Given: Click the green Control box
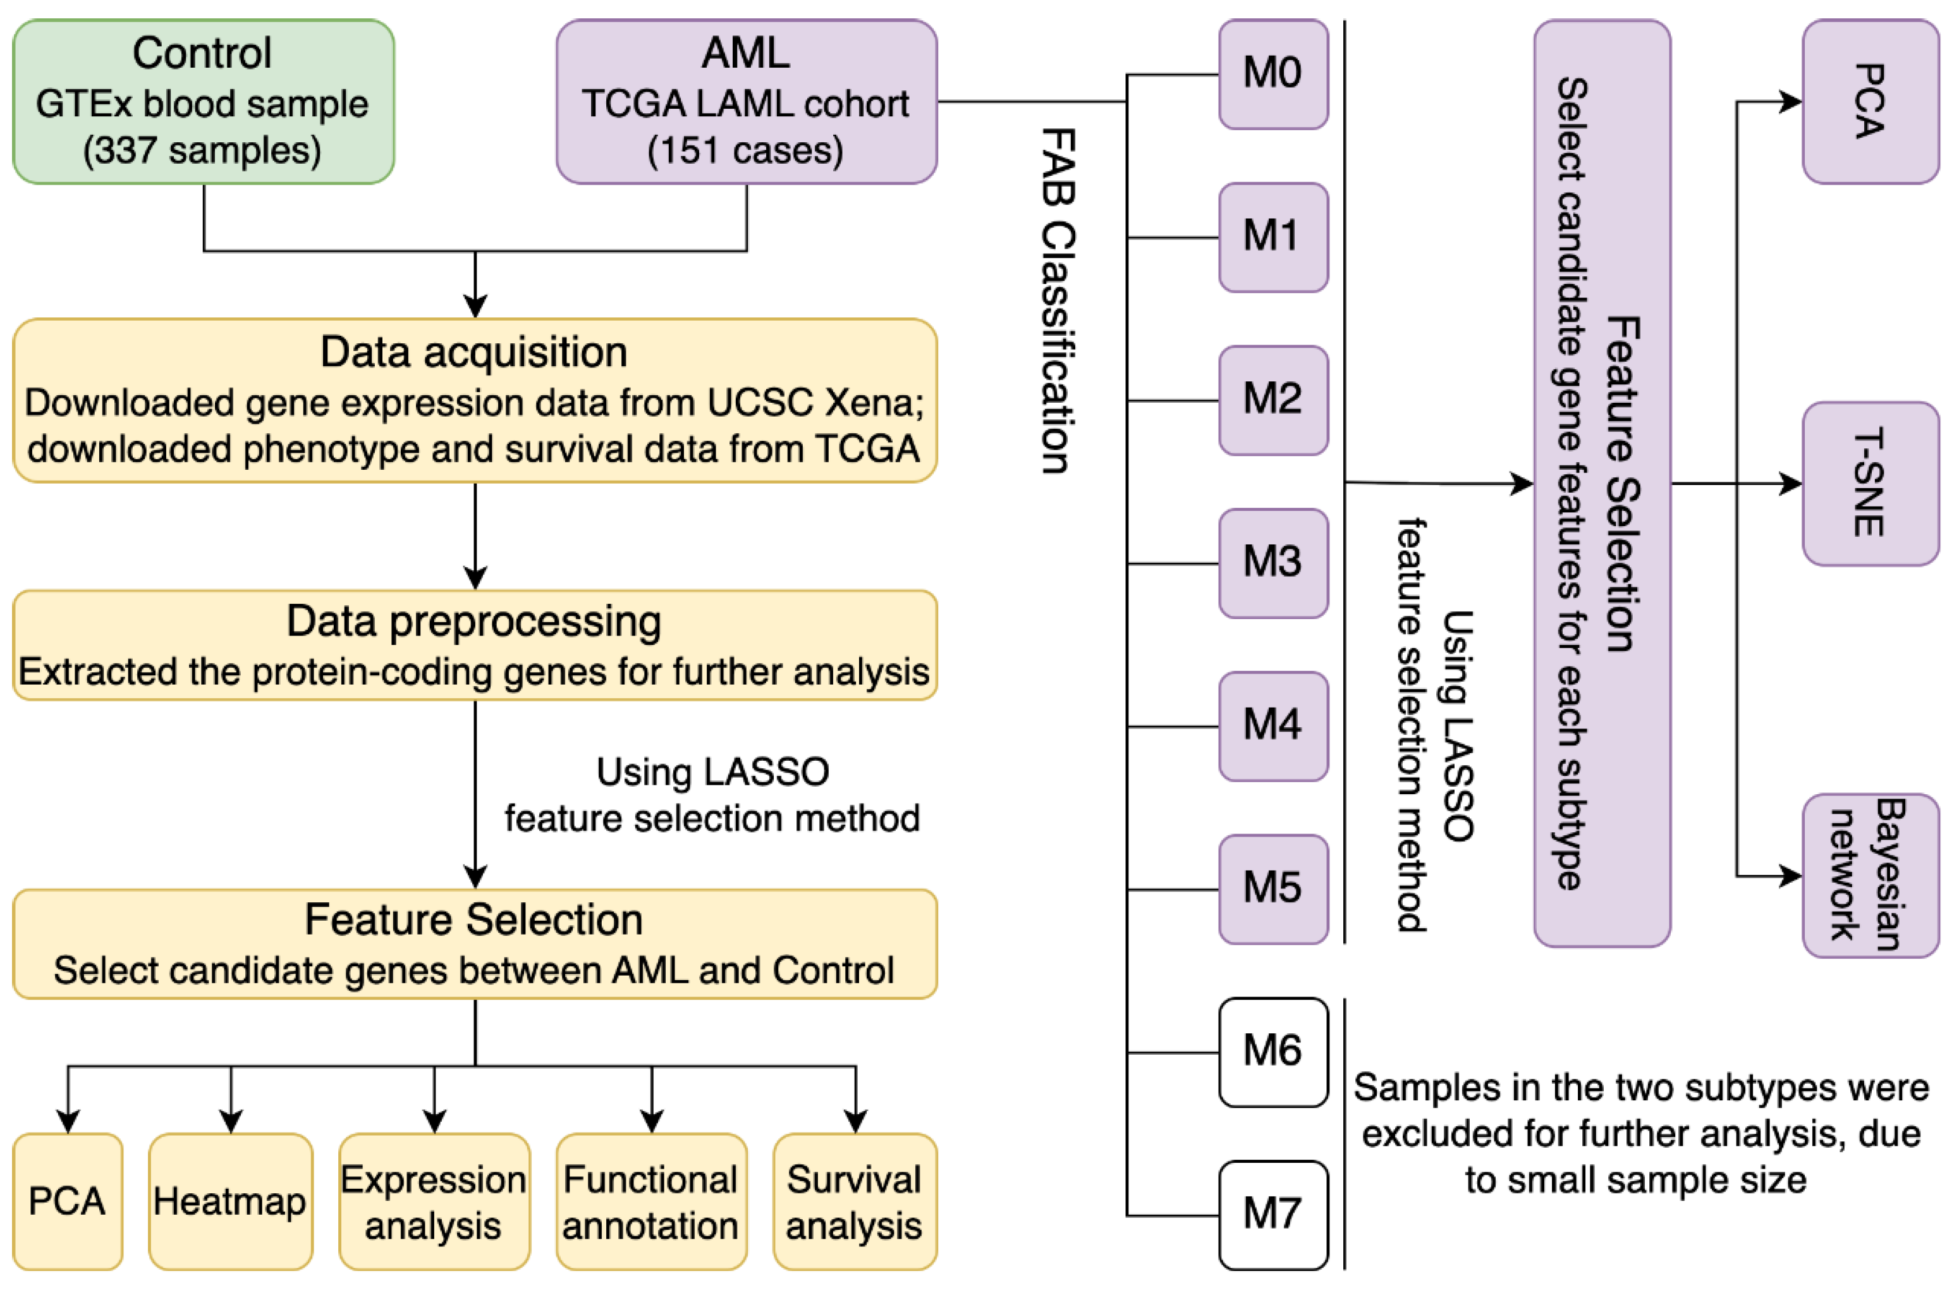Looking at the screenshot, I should [x=204, y=101].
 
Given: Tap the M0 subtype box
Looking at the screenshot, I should [x=1272, y=74].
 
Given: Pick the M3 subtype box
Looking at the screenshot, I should [x=1272, y=563].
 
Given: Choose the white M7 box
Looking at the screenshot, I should [x=1272, y=1215].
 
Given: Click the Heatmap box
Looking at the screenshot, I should [x=230, y=1201].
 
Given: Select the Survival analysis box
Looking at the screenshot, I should [x=854, y=1201].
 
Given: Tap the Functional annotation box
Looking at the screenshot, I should [x=650, y=1201].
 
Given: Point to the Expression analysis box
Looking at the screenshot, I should [x=433, y=1201].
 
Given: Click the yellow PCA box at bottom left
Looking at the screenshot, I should [x=67, y=1201].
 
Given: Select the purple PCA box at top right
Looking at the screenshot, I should [x=1869, y=101].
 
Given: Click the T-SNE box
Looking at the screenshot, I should [x=1869, y=483].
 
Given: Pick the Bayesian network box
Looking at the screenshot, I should [x=1869, y=875].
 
